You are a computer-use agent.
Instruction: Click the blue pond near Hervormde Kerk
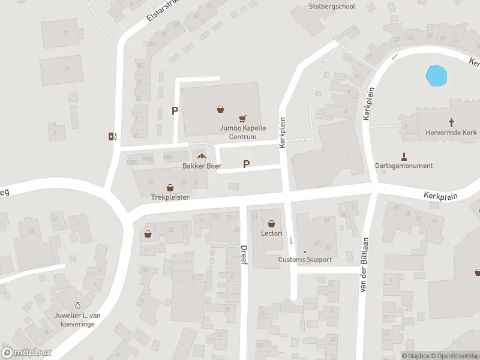click(x=436, y=76)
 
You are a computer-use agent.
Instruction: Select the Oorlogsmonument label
click(x=403, y=166)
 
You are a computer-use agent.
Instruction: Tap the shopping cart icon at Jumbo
click(x=243, y=119)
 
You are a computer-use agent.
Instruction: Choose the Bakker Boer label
click(x=198, y=166)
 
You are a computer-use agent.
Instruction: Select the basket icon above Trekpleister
click(x=170, y=187)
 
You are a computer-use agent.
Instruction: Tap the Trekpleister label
click(x=170, y=197)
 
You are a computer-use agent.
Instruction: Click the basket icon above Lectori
click(x=272, y=223)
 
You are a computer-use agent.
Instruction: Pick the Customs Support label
click(x=304, y=260)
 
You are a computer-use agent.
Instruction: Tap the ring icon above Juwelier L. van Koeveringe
click(x=77, y=306)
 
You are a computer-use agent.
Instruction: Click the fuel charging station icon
click(x=112, y=136)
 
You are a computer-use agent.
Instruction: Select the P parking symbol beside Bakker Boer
click(x=246, y=164)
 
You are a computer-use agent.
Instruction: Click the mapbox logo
click(x=26, y=353)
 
